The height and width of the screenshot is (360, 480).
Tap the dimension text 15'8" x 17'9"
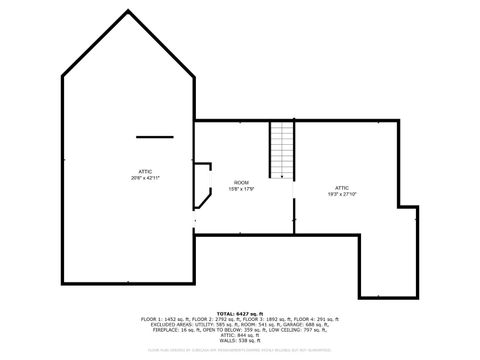tap(241, 189)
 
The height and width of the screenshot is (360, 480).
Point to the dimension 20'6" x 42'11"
tap(145, 178)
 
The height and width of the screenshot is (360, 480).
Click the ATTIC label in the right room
tap(342, 187)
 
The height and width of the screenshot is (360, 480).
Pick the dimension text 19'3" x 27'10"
tap(342, 193)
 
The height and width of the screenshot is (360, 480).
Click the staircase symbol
tap(283, 150)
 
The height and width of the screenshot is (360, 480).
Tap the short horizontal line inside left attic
tap(155, 136)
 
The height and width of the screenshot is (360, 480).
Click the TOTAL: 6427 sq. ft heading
tap(240, 312)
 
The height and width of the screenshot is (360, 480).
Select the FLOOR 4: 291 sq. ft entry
tap(314, 318)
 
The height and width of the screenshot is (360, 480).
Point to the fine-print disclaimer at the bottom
tap(240, 351)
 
